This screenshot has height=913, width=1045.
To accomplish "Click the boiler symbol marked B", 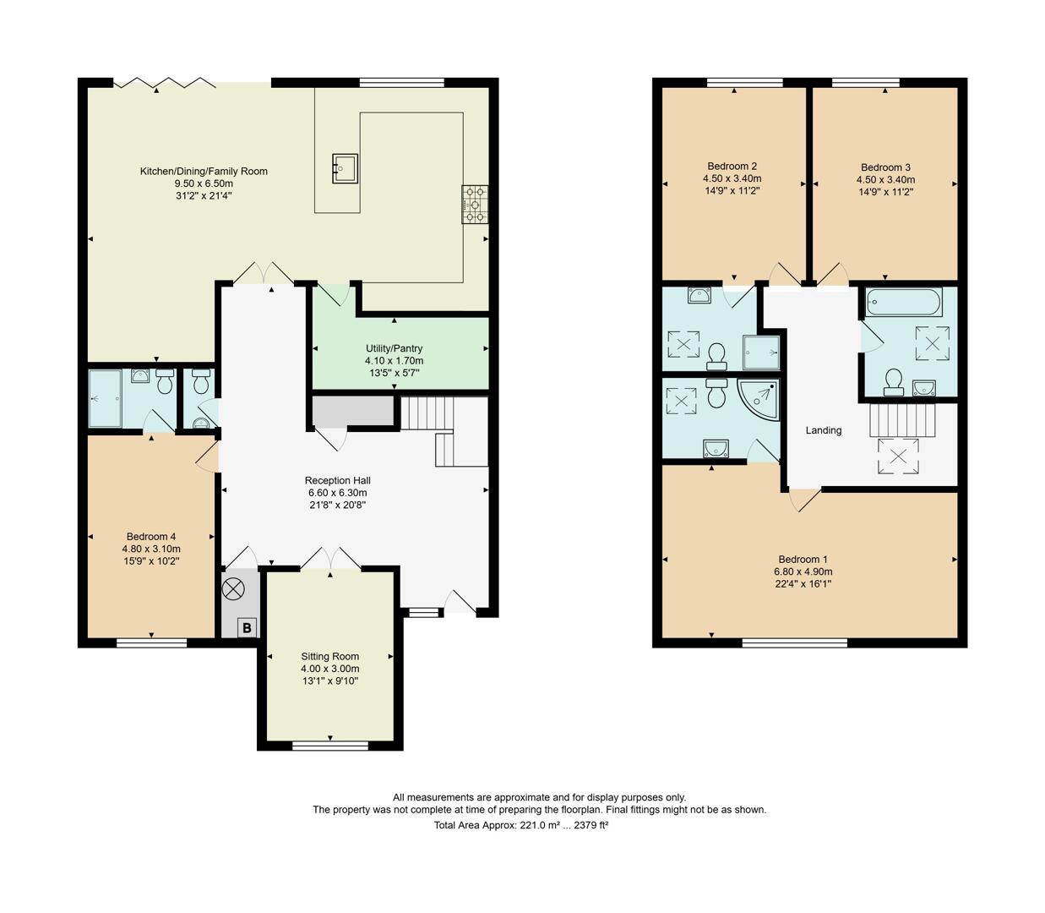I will [x=247, y=628].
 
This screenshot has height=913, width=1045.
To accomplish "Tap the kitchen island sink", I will [x=345, y=167].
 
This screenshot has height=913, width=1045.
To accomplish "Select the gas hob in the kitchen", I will [x=475, y=205].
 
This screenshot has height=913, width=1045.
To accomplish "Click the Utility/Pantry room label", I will [x=394, y=348].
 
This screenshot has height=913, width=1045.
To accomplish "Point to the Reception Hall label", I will [x=338, y=480].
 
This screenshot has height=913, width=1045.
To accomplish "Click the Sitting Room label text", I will [x=329, y=656].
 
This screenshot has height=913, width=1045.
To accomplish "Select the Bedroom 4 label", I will [x=151, y=536].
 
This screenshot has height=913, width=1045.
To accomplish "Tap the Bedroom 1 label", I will [x=803, y=559].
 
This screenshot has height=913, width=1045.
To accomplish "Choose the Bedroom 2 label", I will [x=732, y=166].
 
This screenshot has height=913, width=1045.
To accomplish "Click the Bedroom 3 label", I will [x=885, y=167].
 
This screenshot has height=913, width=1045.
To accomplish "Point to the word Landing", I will [x=823, y=430].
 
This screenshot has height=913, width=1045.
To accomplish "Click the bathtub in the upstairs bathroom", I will [x=904, y=302].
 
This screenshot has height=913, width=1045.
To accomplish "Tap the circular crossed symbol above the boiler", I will [x=232, y=590].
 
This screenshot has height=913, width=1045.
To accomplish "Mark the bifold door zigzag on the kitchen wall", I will [x=165, y=83].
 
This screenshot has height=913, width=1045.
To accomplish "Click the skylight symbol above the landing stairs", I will [x=898, y=456].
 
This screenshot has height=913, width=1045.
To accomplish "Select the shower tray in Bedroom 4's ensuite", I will [x=106, y=398].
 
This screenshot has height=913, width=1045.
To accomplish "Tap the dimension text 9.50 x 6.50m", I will [x=204, y=183].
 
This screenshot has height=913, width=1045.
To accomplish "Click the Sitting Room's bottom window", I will [x=330, y=746].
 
